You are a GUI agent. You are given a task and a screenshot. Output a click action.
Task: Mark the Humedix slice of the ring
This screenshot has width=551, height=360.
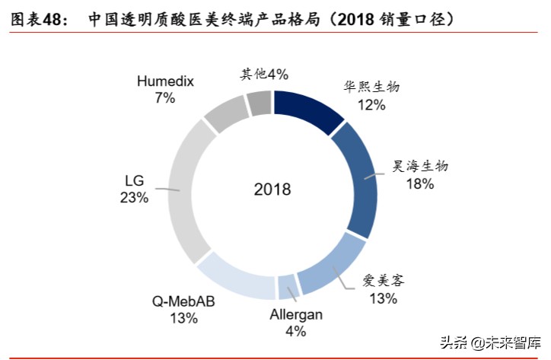click(226, 115)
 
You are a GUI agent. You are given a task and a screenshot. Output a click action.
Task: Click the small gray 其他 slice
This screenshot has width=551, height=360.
click(260, 101)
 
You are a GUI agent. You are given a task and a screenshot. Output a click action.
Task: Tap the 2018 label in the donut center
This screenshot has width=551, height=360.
click(272, 190)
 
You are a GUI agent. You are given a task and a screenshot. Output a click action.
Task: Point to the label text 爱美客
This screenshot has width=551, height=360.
click(383, 280)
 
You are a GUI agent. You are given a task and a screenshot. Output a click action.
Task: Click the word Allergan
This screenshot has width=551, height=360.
click(296, 314)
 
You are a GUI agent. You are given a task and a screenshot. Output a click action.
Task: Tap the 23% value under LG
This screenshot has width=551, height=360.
click(134, 198)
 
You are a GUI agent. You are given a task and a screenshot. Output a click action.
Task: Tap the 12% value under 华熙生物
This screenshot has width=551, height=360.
click(371, 104)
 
